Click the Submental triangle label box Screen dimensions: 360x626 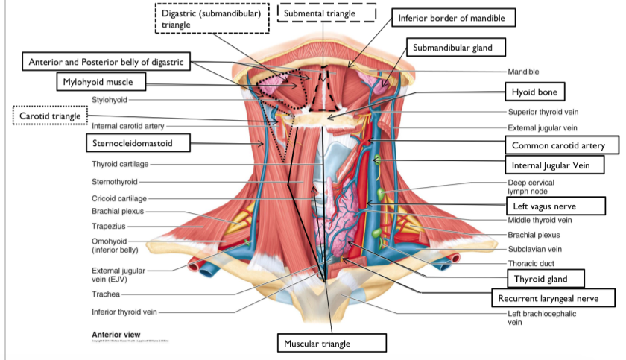pos(326,13)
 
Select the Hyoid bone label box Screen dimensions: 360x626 pos(534,92)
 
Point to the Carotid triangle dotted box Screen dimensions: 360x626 pos(49,116)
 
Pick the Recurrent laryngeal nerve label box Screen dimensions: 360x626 pos(552,298)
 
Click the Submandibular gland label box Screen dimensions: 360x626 pos(458,48)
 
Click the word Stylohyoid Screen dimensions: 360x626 pos(110,99)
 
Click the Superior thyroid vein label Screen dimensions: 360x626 pos(542,112)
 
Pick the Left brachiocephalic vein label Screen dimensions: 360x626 pos(541,318)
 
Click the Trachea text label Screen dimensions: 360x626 pos(105,294)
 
